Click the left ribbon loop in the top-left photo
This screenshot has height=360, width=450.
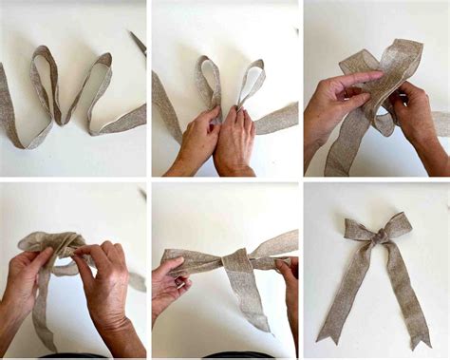point(44,76)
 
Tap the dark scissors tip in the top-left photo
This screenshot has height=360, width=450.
point(139,43)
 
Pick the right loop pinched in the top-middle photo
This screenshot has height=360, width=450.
point(251,81)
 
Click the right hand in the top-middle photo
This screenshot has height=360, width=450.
point(234,142)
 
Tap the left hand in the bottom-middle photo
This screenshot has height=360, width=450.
point(169,285)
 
